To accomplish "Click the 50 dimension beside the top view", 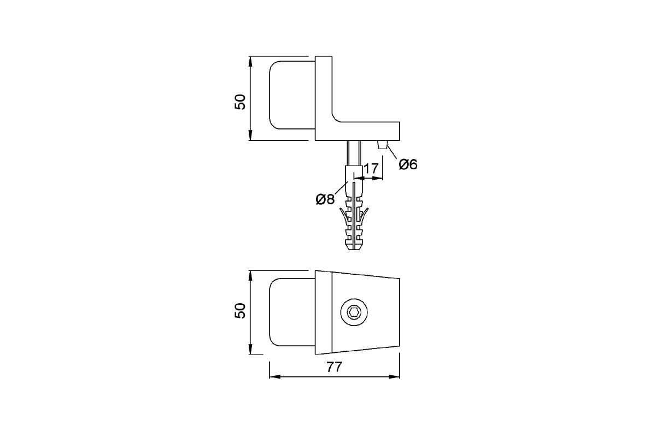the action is (240, 102).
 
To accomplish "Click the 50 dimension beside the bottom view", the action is (240, 311).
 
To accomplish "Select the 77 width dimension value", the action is (334, 367).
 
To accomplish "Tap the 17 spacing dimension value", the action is (371, 169).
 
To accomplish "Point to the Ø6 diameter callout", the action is (408, 165).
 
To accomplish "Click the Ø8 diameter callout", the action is (325, 199).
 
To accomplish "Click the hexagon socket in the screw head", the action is (354, 312).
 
